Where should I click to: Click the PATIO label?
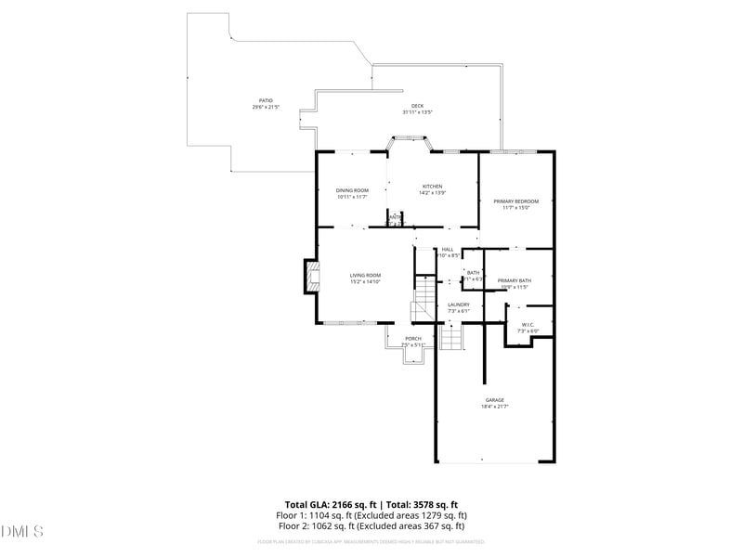[266, 100]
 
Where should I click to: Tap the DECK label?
[418, 105]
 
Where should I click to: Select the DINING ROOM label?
[352, 190]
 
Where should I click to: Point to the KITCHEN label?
[432, 186]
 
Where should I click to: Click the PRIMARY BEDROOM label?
[515, 201]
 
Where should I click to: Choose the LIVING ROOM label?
[365, 275]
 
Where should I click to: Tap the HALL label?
[448, 249]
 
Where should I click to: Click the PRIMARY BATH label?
[514, 280]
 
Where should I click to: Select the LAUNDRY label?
[459, 304]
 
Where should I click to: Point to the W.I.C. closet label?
[527, 324]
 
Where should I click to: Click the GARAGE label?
[494, 400]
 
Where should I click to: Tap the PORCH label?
[413, 338]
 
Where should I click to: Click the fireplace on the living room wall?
[311, 275]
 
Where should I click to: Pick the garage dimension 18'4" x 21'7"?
[494, 407]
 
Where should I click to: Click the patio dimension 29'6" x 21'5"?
[266, 107]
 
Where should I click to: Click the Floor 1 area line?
[371, 515]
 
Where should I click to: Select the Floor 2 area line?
[371, 525]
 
